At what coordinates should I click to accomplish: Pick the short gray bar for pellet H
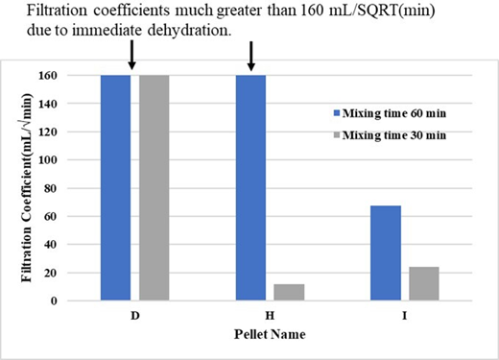[x=288, y=292]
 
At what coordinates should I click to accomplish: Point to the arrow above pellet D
[x=132, y=56]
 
